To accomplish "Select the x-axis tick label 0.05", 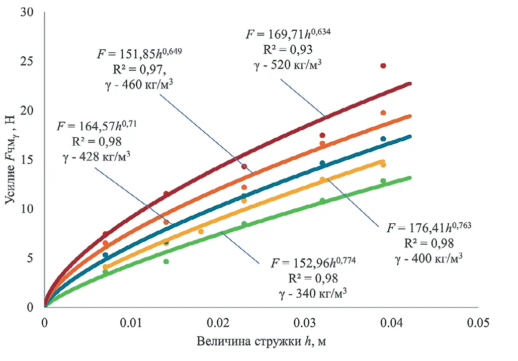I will click(478, 321).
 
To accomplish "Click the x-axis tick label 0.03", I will click(305, 321).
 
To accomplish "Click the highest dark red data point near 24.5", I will click(383, 66).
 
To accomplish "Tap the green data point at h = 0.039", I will click(383, 181).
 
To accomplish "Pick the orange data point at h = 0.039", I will click(383, 113).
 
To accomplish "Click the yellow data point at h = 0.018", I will click(201, 231).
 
